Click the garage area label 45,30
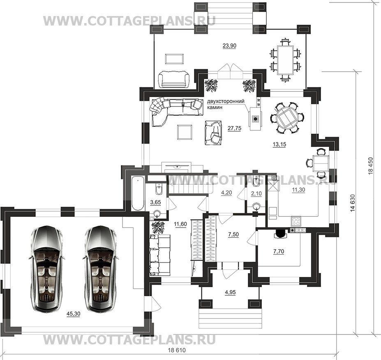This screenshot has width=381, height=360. click(74, 314)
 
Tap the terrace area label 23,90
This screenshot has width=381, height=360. click(229, 46)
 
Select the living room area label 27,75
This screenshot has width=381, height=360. click(235, 128)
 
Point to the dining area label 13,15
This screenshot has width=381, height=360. click(279, 144)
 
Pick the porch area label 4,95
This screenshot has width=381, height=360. click(230, 292)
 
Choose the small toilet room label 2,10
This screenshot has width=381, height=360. click(256, 194)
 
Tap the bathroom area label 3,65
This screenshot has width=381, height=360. click(155, 202)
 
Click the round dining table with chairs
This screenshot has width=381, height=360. click(287, 118)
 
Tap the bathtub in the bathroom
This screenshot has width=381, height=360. click(138, 194)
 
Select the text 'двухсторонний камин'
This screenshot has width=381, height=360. click(226, 104)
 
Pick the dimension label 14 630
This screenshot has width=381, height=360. click(353, 203)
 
